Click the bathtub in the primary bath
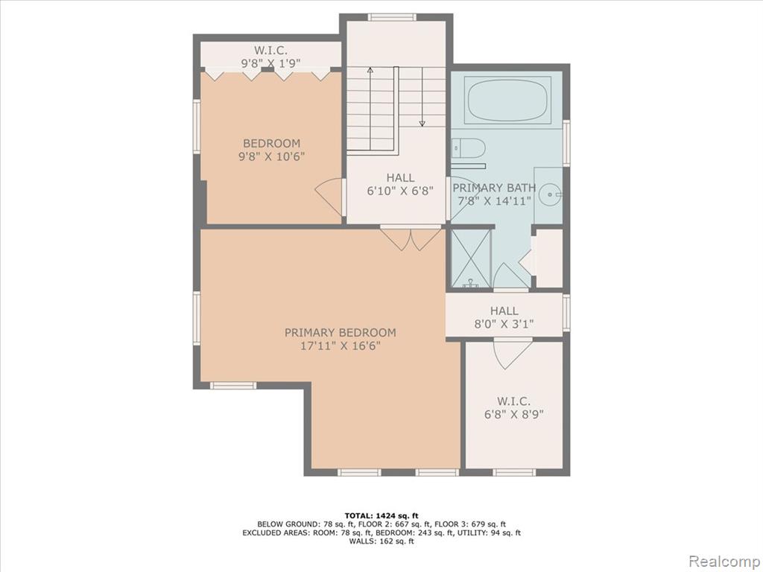[507, 100]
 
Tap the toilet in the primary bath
[468, 148]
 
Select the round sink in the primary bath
[551, 194]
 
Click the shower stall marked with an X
[471, 258]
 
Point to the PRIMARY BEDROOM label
[340, 333]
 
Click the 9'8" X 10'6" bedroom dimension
[271, 156]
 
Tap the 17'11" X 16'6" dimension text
[340, 346]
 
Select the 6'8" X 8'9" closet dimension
[514, 414]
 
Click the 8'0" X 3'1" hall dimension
[504, 324]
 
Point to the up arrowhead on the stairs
[370, 70]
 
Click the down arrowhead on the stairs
[422, 124]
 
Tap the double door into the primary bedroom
[411, 239]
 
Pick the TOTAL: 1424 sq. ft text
[381, 515]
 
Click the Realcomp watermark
[724, 561]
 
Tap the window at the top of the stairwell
[392, 18]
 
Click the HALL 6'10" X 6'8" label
[400, 185]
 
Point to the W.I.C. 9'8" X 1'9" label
[271, 57]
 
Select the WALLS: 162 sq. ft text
[381, 541]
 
